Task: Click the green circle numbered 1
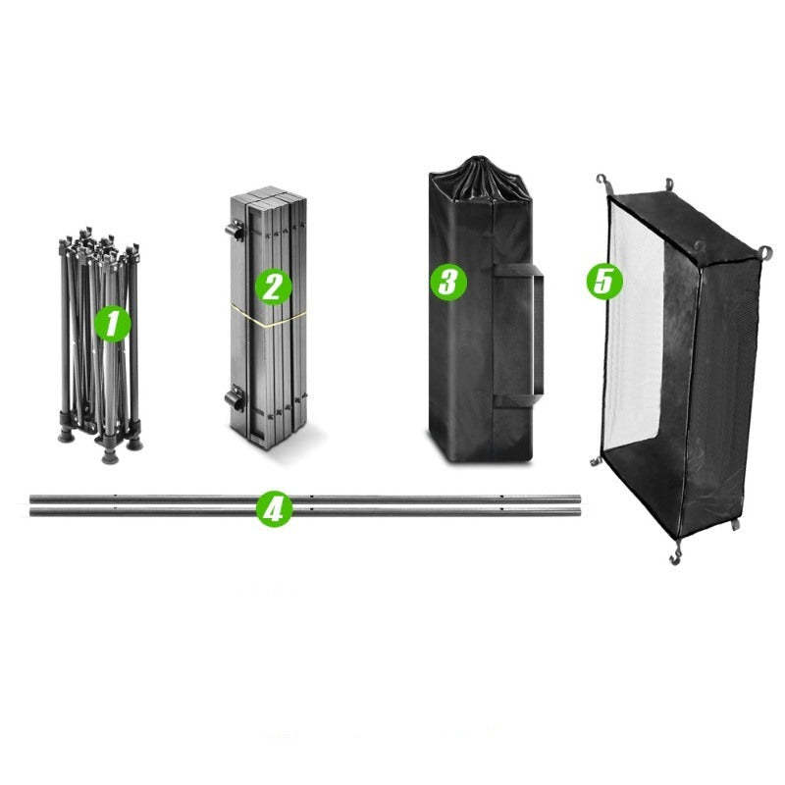click(x=113, y=324)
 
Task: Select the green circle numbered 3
click(x=448, y=283)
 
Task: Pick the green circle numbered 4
click(x=274, y=509)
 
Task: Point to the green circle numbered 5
click(x=604, y=281)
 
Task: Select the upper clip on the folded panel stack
click(x=235, y=232)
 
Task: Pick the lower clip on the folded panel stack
click(x=235, y=398)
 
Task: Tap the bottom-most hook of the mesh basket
click(x=675, y=556)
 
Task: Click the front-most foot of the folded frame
click(x=109, y=456)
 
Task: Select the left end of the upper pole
click(x=31, y=499)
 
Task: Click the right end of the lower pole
click(x=579, y=511)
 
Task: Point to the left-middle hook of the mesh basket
click(x=595, y=461)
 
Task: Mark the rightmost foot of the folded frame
click(x=134, y=444)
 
